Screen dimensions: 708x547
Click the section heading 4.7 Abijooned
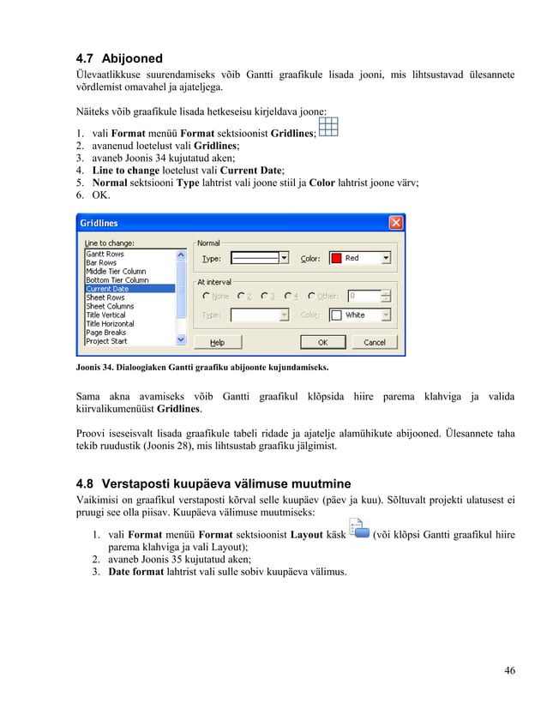[119, 59]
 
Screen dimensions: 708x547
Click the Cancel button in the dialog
[374, 342]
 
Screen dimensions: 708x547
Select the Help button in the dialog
[218, 342]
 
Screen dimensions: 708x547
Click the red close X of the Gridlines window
[395, 223]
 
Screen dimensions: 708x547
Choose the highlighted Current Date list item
[107, 289]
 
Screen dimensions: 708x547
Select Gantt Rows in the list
[105, 255]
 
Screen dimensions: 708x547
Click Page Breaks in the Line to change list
[105, 332]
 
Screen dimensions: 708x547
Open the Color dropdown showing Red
[385, 258]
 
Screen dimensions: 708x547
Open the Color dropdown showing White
[385, 315]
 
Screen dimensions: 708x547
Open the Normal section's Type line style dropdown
[284, 258]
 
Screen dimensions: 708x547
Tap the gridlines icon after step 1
[328, 128]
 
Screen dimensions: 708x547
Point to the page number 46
[509, 670]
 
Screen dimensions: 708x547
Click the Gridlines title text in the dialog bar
[99, 223]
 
